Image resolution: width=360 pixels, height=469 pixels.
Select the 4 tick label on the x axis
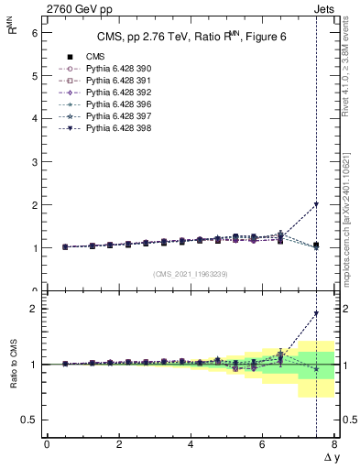coord(191,444)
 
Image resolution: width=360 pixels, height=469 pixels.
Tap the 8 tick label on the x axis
coord(334,444)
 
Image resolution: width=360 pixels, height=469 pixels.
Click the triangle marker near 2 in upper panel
coord(316,204)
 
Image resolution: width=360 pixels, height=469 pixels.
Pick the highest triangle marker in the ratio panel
coord(316,313)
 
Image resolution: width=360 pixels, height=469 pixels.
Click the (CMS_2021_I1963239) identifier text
coord(191,274)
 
